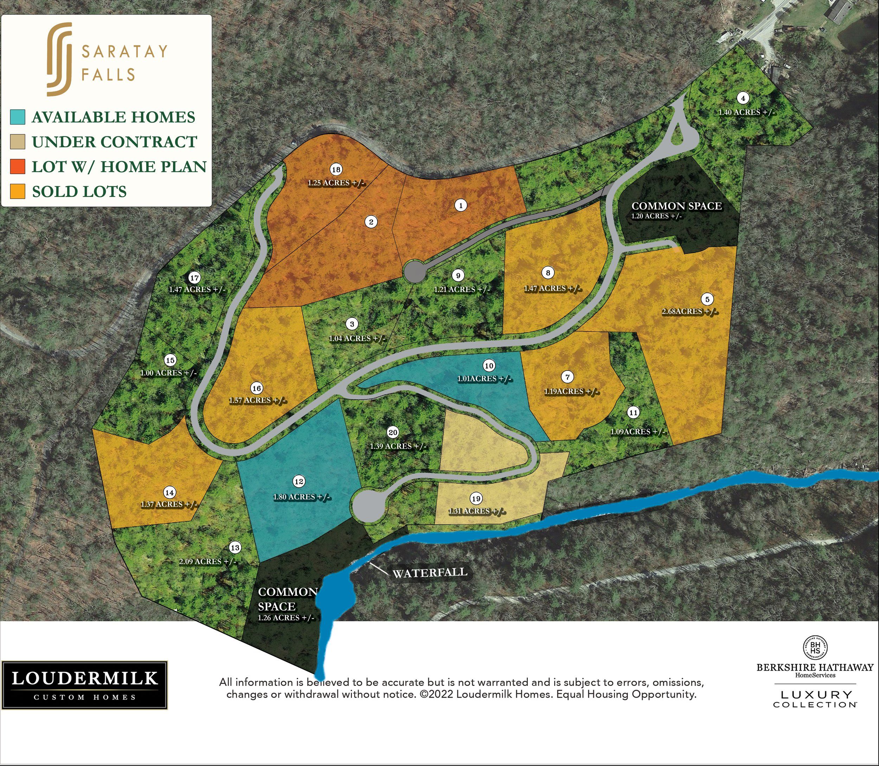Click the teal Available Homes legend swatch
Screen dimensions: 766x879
tap(18, 117)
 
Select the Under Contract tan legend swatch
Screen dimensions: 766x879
tap(18, 141)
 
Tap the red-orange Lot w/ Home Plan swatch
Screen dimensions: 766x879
tap(18, 166)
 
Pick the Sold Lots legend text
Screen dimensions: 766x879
tap(79, 192)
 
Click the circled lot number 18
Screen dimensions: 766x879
tap(336, 170)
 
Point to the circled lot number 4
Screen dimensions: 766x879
tap(743, 98)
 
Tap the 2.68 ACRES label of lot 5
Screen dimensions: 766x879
tap(689, 311)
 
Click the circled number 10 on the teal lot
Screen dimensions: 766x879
tap(489, 366)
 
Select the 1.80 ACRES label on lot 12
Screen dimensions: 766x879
tap(302, 497)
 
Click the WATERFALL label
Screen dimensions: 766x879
tap(430, 572)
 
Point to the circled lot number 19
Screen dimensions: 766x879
tap(476, 498)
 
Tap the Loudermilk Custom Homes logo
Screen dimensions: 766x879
tap(84, 685)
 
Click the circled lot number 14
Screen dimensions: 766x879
tap(170, 493)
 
